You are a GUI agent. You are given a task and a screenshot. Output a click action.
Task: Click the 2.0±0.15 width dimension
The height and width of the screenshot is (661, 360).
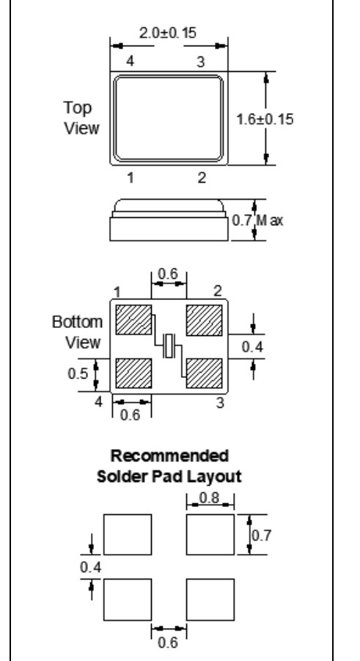pos(168,33)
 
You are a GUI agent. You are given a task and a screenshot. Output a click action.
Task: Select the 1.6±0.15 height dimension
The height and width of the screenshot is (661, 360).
pos(264,120)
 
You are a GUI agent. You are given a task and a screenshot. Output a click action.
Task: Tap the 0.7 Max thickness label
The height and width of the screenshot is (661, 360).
pos(257,220)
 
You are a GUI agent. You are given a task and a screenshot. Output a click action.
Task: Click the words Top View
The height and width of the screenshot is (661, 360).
pos(81,118)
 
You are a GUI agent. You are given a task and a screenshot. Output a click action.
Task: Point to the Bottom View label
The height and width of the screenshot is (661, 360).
pos(78,332)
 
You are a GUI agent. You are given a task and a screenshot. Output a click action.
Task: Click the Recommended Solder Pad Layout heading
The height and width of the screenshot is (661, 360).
pos(169,467)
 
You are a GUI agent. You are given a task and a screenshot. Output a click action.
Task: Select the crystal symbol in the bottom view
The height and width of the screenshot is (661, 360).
pos(169,346)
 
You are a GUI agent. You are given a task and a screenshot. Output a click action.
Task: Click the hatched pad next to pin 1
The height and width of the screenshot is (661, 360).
pos(133,320)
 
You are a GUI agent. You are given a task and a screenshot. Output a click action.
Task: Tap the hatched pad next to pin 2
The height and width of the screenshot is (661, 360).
pos(204,321)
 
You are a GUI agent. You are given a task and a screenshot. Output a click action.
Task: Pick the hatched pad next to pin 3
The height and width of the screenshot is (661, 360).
pos(204,373)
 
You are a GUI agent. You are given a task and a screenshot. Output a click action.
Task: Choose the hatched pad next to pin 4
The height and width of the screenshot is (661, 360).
pos(133,373)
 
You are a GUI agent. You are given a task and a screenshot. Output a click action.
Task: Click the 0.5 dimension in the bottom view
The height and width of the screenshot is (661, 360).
pos(78,373)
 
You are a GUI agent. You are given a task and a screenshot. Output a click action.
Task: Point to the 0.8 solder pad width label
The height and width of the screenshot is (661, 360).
pos(210,498)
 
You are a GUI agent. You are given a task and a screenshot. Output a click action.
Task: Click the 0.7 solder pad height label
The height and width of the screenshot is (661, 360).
pos(261,536)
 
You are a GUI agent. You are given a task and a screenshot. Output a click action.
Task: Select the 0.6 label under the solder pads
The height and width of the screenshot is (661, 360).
pos(168,643)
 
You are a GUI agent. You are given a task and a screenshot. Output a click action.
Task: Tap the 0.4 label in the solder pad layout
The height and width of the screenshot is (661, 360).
pos(91,567)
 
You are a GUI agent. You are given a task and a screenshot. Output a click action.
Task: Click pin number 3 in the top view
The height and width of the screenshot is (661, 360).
pos(201,62)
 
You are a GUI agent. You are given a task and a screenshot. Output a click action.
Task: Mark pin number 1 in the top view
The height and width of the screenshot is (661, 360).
pos(131,178)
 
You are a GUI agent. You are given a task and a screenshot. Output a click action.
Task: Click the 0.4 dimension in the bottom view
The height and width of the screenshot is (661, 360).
pos(252,347)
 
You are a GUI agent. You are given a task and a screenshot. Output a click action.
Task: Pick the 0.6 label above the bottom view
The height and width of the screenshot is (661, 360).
pos(168,274)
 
